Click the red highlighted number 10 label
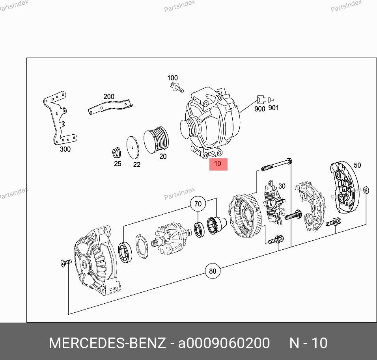(x=218, y=164)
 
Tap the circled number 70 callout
(x=198, y=204)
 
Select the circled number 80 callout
(x=213, y=271)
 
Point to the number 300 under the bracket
(x=65, y=149)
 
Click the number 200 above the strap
(x=109, y=96)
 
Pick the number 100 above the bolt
(x=172, y=78)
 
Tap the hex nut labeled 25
(x=117, y=153)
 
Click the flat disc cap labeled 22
(x=133, y=147)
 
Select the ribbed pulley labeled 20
(x=156, y=140)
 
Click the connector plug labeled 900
(x=261, y=99)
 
